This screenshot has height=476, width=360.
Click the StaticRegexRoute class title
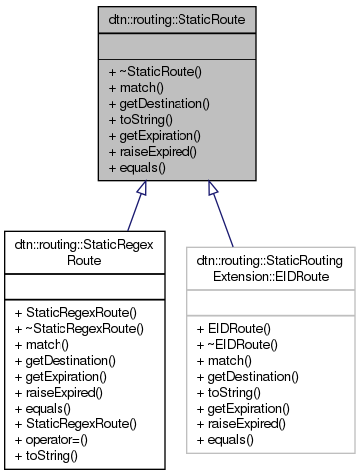[x=88, y=248]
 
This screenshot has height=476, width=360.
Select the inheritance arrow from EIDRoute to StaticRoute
[x=222, y=212]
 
